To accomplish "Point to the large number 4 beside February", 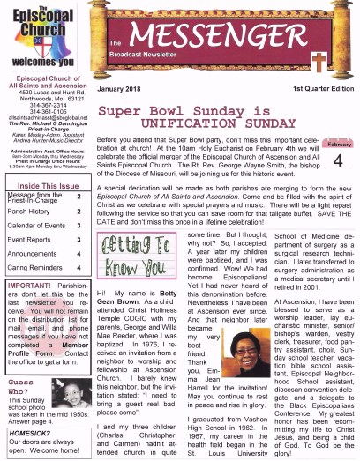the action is pyautogui.click(x=338, y=161).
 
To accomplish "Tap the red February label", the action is pyautogui.click(x=339, y=144).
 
